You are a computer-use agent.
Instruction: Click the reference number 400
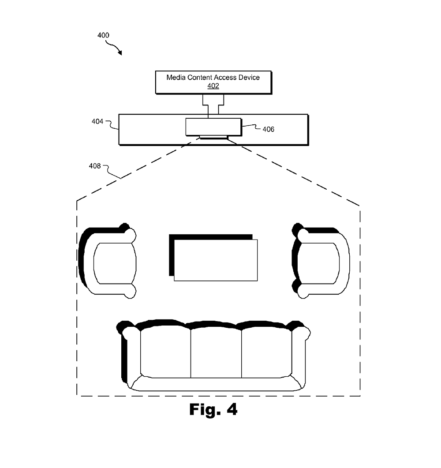pos(103,35)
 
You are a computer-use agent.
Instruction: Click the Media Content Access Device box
pos(213,82)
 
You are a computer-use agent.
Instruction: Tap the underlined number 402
pos(213,86)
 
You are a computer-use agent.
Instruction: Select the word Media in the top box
pos(175,77)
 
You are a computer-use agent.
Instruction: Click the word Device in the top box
pos(249,77)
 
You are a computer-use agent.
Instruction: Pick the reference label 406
pos(268,129)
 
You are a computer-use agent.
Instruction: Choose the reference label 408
pos(95,166)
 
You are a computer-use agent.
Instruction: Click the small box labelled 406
pos(213,127)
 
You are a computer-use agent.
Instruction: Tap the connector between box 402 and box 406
pos(213,105)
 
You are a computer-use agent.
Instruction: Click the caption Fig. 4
pos(213,409)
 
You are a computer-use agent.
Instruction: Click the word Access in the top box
pos(222,77)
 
